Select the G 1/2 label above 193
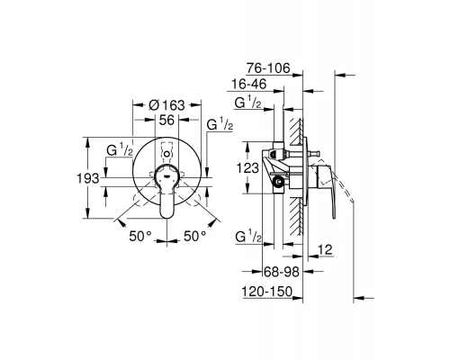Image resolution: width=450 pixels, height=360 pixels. point(121,148)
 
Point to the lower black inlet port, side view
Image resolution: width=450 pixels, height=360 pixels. point(278,183)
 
